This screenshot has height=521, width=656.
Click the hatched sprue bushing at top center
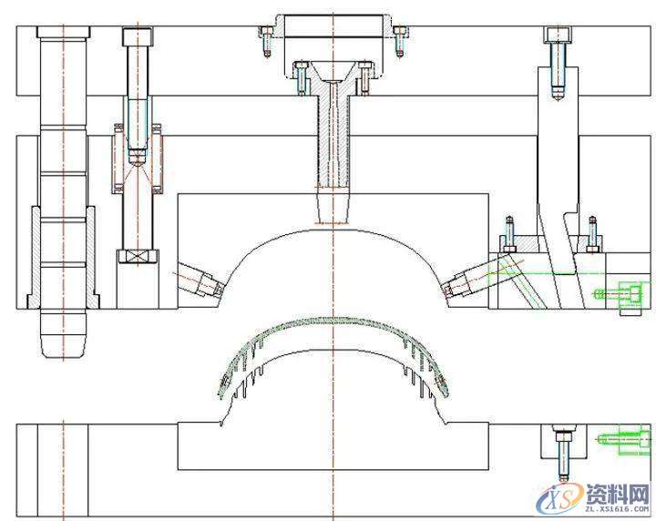point(333,126)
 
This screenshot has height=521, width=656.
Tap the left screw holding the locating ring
point(266,41)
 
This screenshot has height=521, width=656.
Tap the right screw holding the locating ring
point(400,41)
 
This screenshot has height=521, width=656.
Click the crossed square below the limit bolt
point(138,256)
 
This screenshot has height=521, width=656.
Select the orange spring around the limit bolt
point(138,158)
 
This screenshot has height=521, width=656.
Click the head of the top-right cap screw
point(557,35)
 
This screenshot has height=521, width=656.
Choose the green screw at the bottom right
point(623,440)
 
